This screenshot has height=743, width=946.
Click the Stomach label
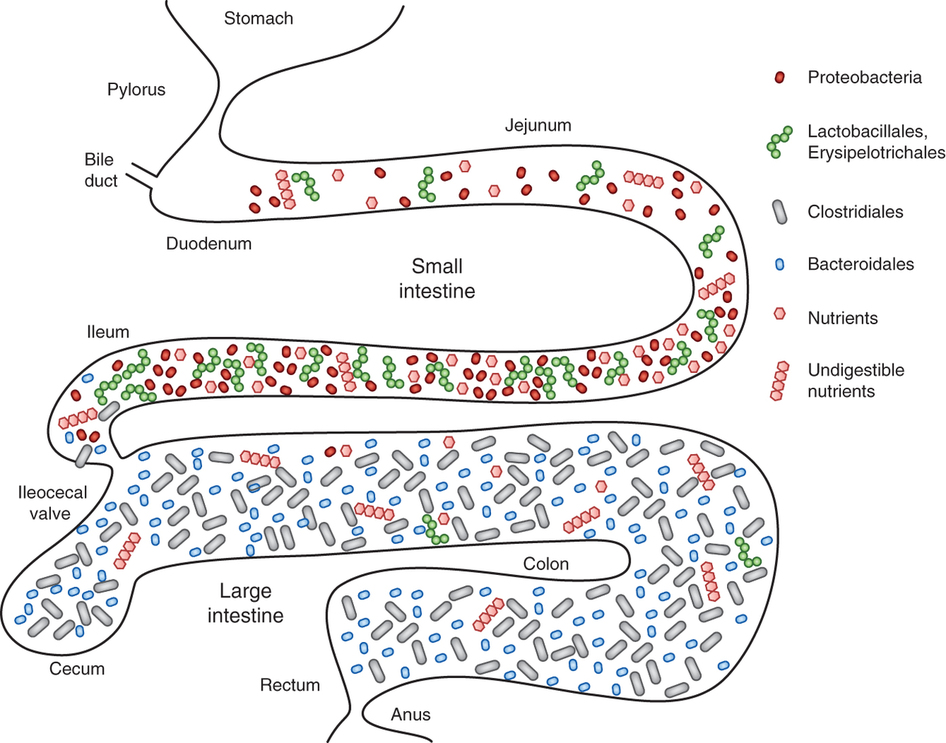[258, 19]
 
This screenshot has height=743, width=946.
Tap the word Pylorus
[136, 90]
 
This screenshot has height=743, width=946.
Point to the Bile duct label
[100, 170]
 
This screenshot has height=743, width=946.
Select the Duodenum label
[209, 244]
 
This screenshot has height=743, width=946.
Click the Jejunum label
[538, 125]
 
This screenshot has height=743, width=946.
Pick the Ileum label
[108, 332]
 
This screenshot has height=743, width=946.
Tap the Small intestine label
[437, 278]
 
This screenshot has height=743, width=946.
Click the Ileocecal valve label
[52, 503]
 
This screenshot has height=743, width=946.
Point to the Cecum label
[77, 669]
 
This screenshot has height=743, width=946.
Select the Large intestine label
[246, 603]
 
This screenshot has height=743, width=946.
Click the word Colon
[545, 564]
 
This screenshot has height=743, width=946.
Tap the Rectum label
[290, 685]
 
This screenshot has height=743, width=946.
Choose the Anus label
[411, 715]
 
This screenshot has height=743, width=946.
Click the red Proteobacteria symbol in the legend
[779, 77]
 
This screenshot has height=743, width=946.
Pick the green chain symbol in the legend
[779, 142]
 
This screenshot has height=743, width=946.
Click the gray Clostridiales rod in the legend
[779, 212]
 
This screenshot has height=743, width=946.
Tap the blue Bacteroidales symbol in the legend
[779, 264]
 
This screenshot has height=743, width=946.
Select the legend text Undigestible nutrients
[856, 381]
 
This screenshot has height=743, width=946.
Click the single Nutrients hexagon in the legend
[779, 314]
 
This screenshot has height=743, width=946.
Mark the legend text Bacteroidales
[861, 264]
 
